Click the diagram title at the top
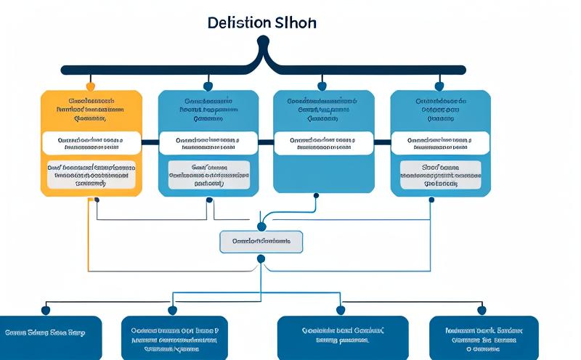pos(261,22)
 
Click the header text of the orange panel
pos(92,108)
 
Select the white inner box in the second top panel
pos(208,142)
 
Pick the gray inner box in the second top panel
pos(208,175)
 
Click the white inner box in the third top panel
pos(324,142)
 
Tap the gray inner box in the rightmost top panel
pos(440,175)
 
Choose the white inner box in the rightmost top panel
pos(440,142)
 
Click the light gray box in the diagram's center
pos(261,242)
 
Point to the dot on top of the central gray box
pos(261,227)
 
